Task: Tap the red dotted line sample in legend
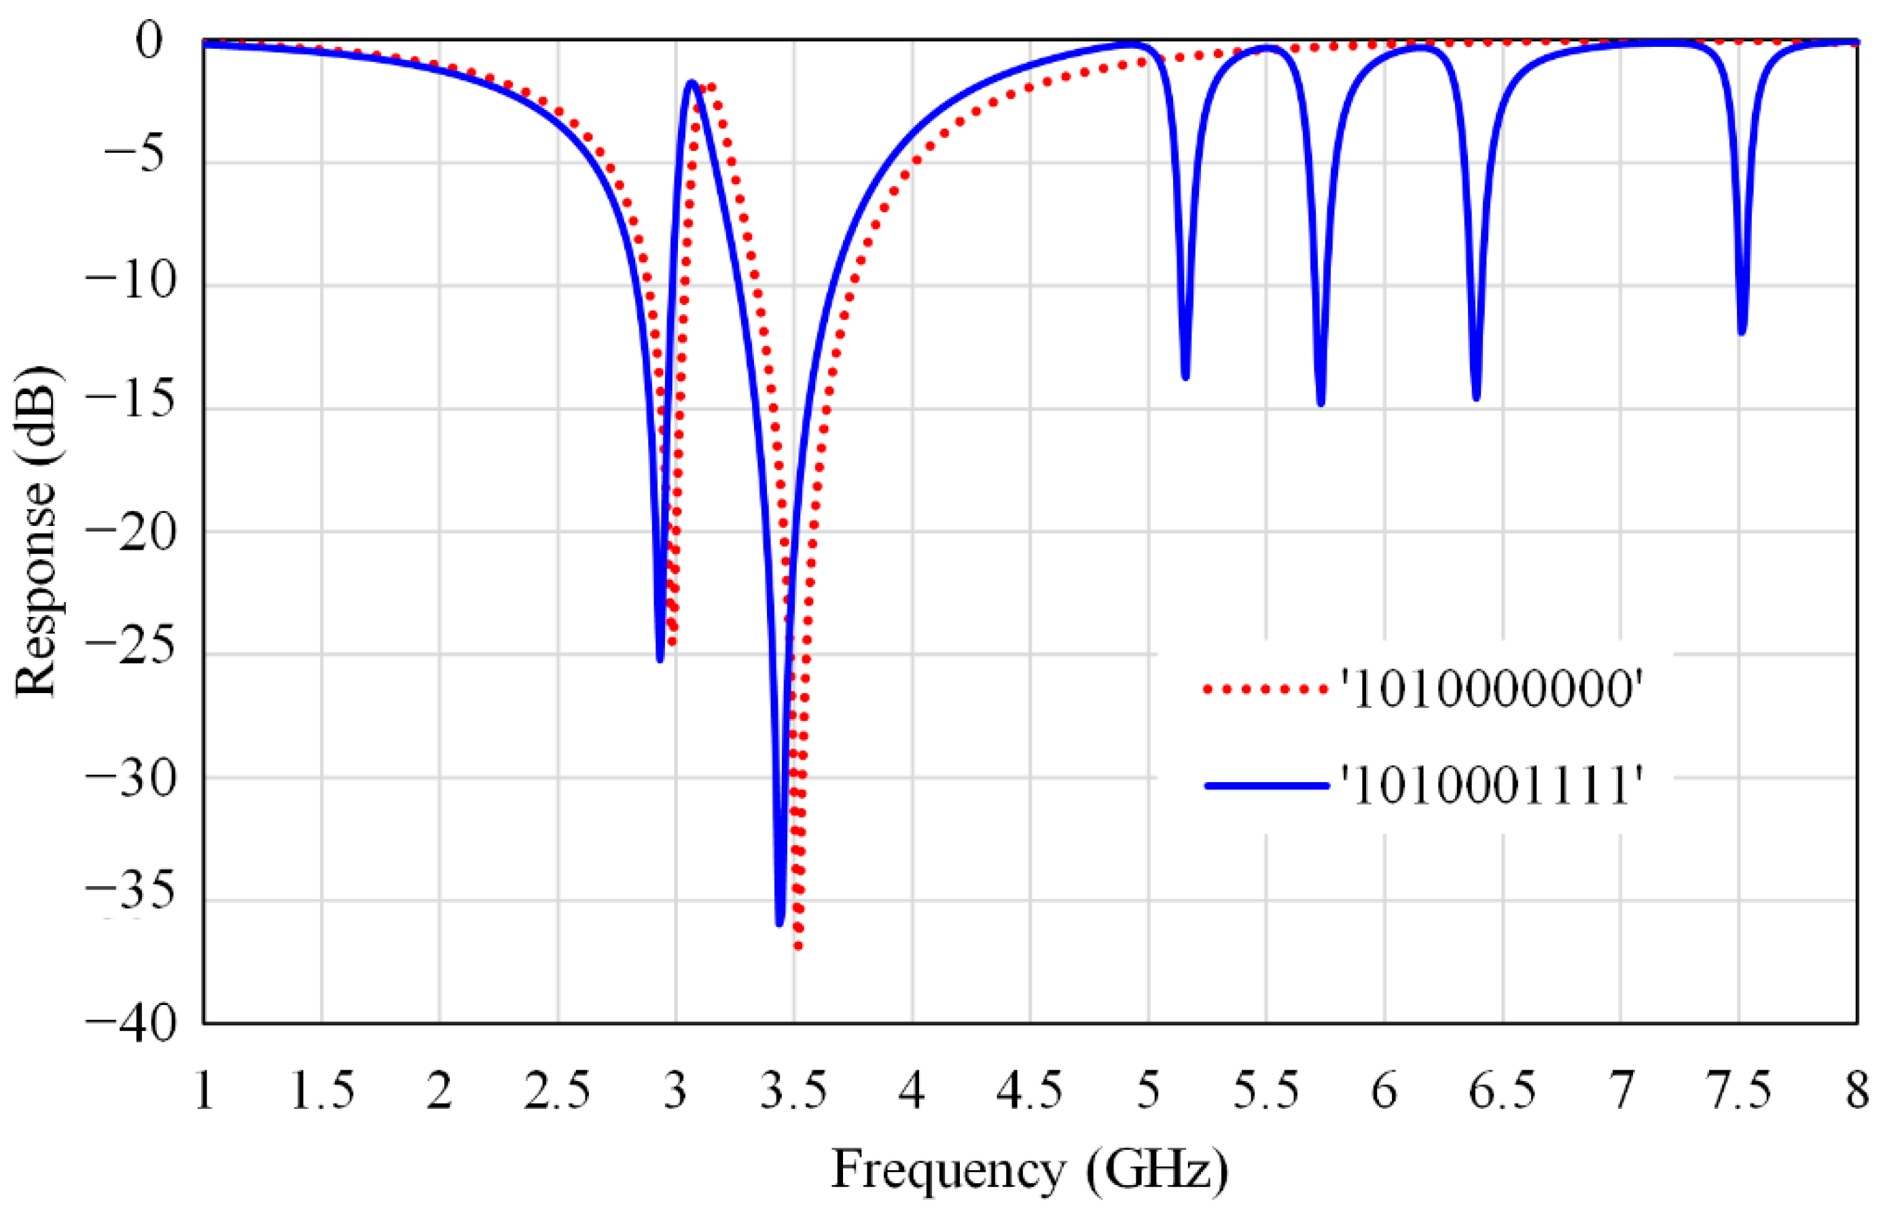[x=1266, y=689]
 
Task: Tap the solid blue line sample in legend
[x=1266, y=786]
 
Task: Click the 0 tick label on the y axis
[x=149, y=39]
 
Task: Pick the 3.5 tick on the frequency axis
[x=793, y=1091]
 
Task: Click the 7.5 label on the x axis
[x=1739, y=1091]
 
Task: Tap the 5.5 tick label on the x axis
[x=1266, y=1091]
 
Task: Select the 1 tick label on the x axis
[x=204, y=1091]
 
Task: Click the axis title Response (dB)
[x=35, y=531]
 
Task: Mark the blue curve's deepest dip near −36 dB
[x=780, y=922]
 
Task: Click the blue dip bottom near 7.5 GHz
[x=1742, y=332]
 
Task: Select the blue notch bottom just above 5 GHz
[x=1185, y=377]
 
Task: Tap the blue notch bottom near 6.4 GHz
[x=1476, y=398]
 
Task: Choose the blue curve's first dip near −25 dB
[x=660, y=659]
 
